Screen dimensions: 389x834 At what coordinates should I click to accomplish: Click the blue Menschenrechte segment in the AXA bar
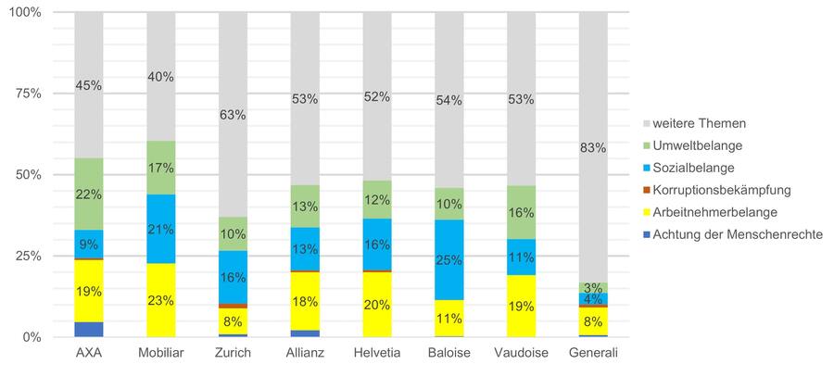tap(89, 329)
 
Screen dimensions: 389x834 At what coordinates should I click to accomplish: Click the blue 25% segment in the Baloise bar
tap(449, 259)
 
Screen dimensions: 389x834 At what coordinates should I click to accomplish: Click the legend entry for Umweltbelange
tap(693, 145)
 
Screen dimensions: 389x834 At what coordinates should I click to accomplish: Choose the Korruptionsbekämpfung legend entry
tap(721, 190)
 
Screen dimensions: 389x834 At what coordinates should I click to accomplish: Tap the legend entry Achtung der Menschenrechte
tap(737, 234)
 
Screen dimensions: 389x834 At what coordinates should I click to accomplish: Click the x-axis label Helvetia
tap(377, 355)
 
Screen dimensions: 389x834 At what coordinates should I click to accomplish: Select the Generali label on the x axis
tap(594, 355)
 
